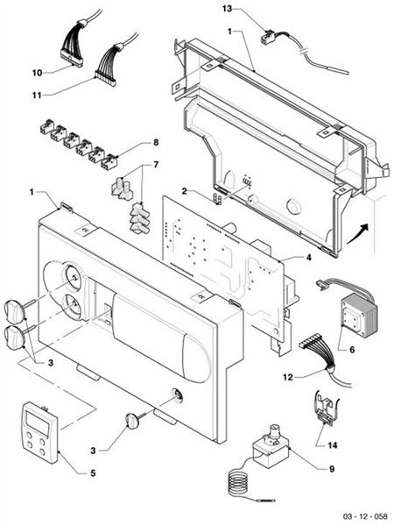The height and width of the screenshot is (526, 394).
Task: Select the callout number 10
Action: click(37, 71)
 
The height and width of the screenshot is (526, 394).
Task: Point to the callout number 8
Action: click(156, 142)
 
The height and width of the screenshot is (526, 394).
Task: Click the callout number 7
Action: click(156, 165)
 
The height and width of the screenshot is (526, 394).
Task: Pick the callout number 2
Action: click(184, 190)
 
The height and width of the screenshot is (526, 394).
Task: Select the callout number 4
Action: click(307, 259)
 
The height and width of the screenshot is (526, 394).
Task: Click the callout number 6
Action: click(351, 349)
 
